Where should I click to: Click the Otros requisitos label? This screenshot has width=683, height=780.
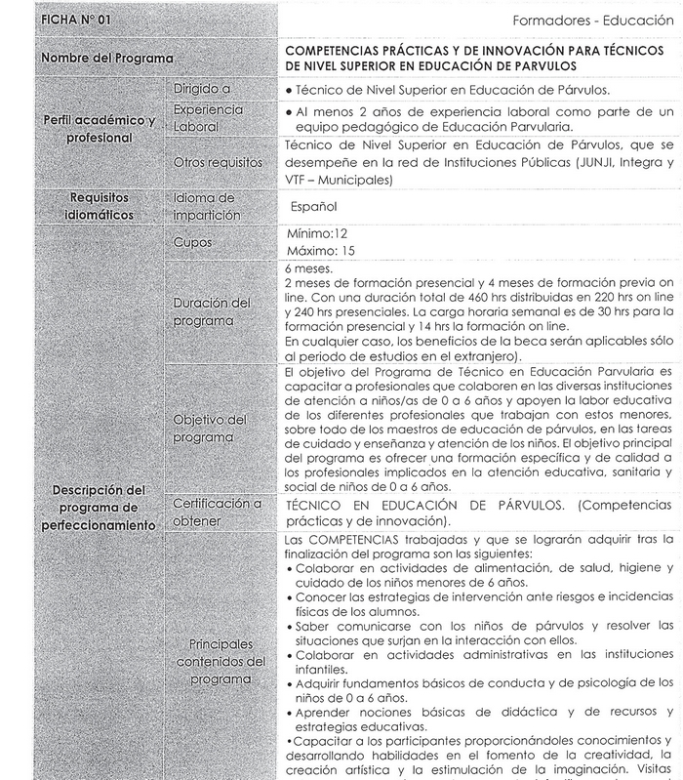click(x=216, y=162)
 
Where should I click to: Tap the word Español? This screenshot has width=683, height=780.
click(x=314, y=207)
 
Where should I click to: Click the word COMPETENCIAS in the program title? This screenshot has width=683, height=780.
click(x=337, y=49)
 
